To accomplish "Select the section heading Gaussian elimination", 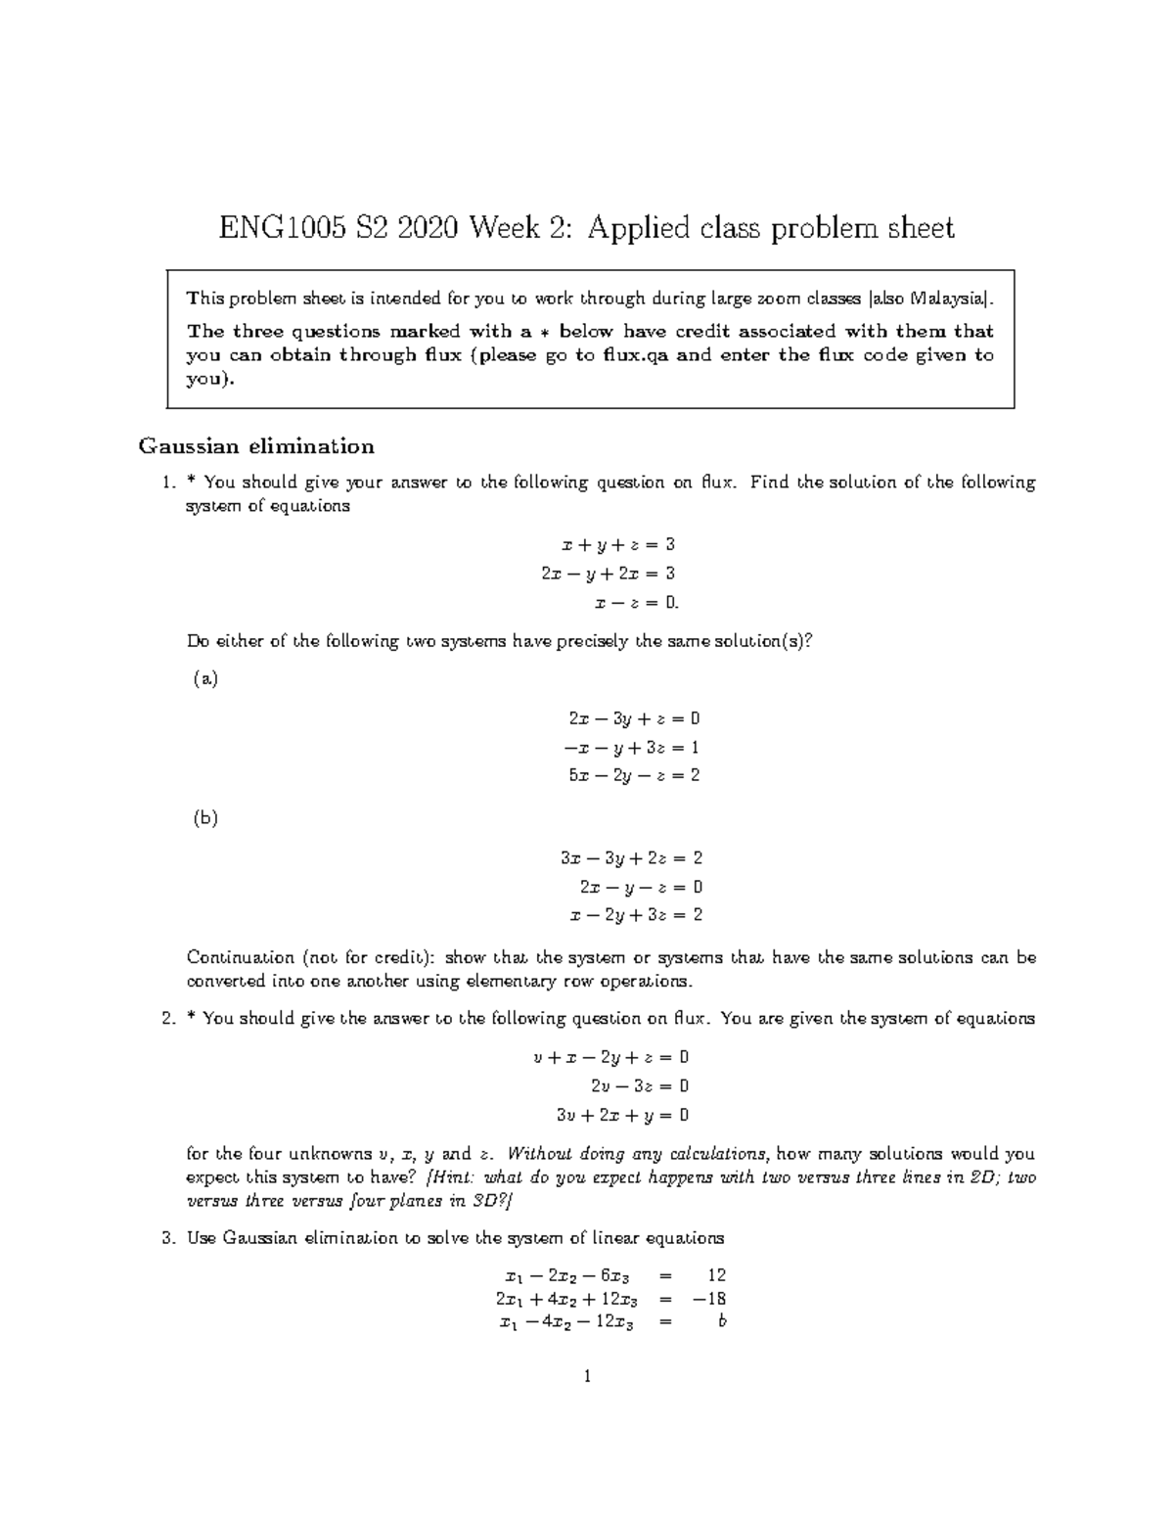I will click(256, 446).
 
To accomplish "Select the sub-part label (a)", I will click(204, 677).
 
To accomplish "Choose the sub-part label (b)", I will click(204, 818).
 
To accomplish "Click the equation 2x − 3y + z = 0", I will click(634, 718).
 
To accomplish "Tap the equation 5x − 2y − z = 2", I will click(634, 775).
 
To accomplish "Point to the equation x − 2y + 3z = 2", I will click(636, 915).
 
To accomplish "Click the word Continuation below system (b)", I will click(240, 957).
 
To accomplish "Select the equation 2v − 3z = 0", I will click(640, 1085).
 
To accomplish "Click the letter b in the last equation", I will click(721, 1322).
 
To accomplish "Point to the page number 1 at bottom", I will click(587, 1377).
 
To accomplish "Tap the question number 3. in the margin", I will click(166, 1238).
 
